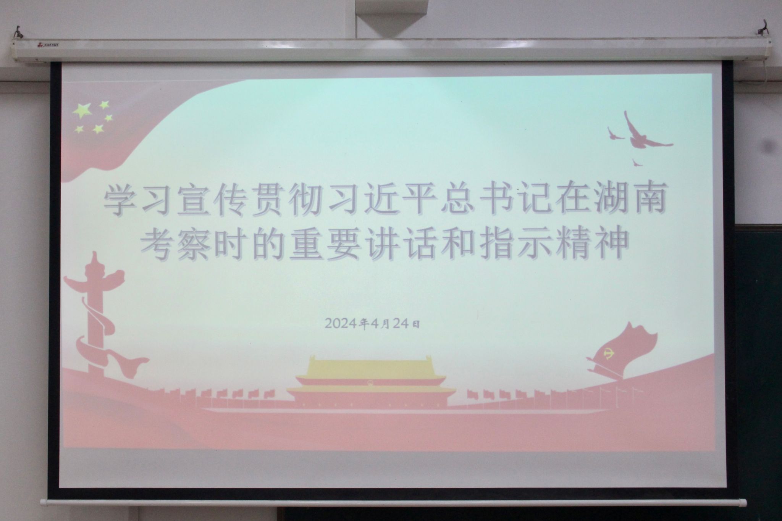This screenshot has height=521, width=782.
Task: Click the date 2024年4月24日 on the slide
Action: point(373,323)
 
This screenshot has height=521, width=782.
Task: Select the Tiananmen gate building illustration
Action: point(371,382)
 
